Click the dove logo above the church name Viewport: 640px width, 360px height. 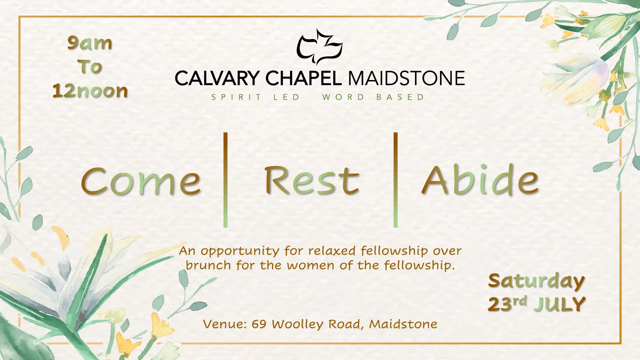point(319,47)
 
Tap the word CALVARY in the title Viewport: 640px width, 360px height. point(217,78)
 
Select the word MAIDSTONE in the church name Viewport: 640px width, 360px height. point(406,78)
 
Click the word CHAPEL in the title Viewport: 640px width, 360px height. point(303,78)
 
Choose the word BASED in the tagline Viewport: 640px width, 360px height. point(400,97)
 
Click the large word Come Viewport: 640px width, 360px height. point(141,181)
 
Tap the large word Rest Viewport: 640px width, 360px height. point(312,180)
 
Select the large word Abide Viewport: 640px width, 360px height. point(480,179)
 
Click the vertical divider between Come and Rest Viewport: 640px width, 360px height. point(225,180)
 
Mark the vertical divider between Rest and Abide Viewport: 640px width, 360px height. point(395,180)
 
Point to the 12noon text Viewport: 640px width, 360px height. point(90,91)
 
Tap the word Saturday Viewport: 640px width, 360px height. point(536,281)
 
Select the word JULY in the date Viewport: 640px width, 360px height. point(560,304)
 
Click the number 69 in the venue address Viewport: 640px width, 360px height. point(259,324)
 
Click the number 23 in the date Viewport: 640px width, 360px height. point(500,304)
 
